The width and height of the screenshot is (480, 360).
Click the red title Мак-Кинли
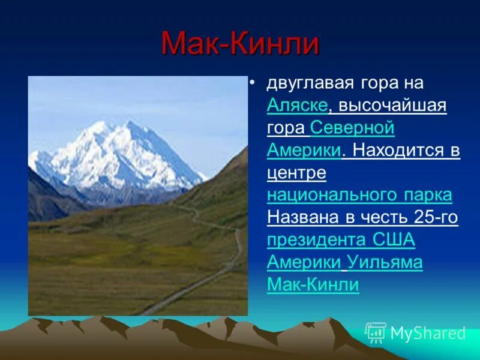239,46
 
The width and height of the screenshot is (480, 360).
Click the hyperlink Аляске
298,105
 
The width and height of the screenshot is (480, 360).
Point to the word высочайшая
392,106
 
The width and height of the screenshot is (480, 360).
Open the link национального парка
359,195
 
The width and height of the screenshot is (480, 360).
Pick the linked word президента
315,240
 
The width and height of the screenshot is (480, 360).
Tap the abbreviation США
392,240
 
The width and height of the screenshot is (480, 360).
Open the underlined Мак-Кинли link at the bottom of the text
313,284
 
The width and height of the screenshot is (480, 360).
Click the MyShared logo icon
376,332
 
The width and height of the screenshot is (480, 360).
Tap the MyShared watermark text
428,333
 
